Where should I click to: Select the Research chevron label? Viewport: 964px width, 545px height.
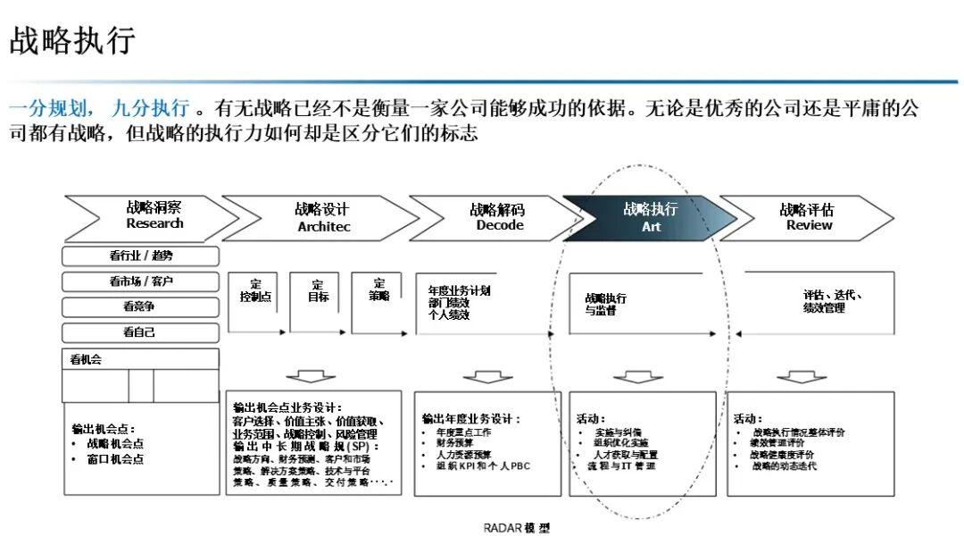[x=154, y=223]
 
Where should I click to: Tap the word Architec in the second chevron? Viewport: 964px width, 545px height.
[x=324, y=227]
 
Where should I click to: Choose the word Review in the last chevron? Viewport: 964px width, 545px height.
[x=809, y=225]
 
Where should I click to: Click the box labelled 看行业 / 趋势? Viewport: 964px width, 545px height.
[x=141, y=256]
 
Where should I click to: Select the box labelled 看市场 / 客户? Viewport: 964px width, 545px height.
[x=141, y=281]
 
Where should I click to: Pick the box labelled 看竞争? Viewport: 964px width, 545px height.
[x=141, y=306]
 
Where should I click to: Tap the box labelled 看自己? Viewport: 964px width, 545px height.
[x=141, y=332]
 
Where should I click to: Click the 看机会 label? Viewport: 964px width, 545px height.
[x=87, y=360]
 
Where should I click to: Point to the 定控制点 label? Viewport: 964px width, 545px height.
[x=256, y=290]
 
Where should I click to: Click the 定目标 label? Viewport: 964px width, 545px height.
[x=318, y=290]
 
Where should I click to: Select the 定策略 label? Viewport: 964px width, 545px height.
[x=379, y=289]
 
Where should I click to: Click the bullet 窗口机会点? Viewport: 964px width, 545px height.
[x=115, y=459]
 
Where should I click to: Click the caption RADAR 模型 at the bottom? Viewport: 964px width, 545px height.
[x=517, y=528]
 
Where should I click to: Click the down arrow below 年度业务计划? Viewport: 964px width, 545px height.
[x=488, y=378]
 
